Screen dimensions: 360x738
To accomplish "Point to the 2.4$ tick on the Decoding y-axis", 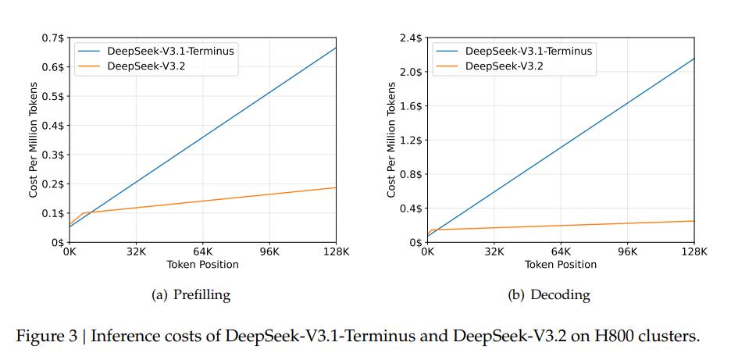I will [x=411, y=37].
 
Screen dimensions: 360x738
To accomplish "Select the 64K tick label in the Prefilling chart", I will [x=202, y=252].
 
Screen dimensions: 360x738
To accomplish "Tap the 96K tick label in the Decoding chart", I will [x=627, y=252].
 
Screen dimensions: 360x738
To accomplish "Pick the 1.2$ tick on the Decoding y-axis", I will [x=411, y=140].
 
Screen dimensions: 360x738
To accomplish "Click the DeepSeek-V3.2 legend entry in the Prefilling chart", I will [x=145, y=66].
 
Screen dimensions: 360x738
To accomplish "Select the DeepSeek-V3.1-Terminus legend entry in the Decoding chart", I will [x=528, y=52].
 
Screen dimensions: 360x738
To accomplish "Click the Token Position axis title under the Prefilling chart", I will [x=202, y=265].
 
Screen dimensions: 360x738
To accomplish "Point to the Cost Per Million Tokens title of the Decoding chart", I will [x=391, y=140].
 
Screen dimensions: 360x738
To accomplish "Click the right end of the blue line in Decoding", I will [x=693, y=59].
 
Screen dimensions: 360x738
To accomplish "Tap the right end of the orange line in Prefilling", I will [x=336, y=187].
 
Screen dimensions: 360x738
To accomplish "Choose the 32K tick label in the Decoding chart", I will [x=494, y=252].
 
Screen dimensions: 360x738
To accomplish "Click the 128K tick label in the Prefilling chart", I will [x=336, y=252].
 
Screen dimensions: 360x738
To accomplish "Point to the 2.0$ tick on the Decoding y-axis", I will [x=411, y=72].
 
